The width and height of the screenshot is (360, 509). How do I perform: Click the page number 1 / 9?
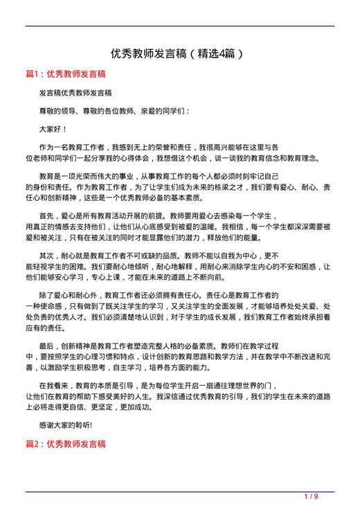(x=312, y=497)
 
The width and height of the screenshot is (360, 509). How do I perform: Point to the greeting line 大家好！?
(x=53, y=129)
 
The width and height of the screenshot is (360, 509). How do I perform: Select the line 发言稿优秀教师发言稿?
(x=75, y=92)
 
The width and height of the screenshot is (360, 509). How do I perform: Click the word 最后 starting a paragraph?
(x=46, y=345)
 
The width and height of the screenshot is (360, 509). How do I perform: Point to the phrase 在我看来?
(x=53, y=384)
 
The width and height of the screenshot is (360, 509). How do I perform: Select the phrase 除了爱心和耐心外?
(x=67, y=294)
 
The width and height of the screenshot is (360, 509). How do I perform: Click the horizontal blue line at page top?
(x=180, y=26)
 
